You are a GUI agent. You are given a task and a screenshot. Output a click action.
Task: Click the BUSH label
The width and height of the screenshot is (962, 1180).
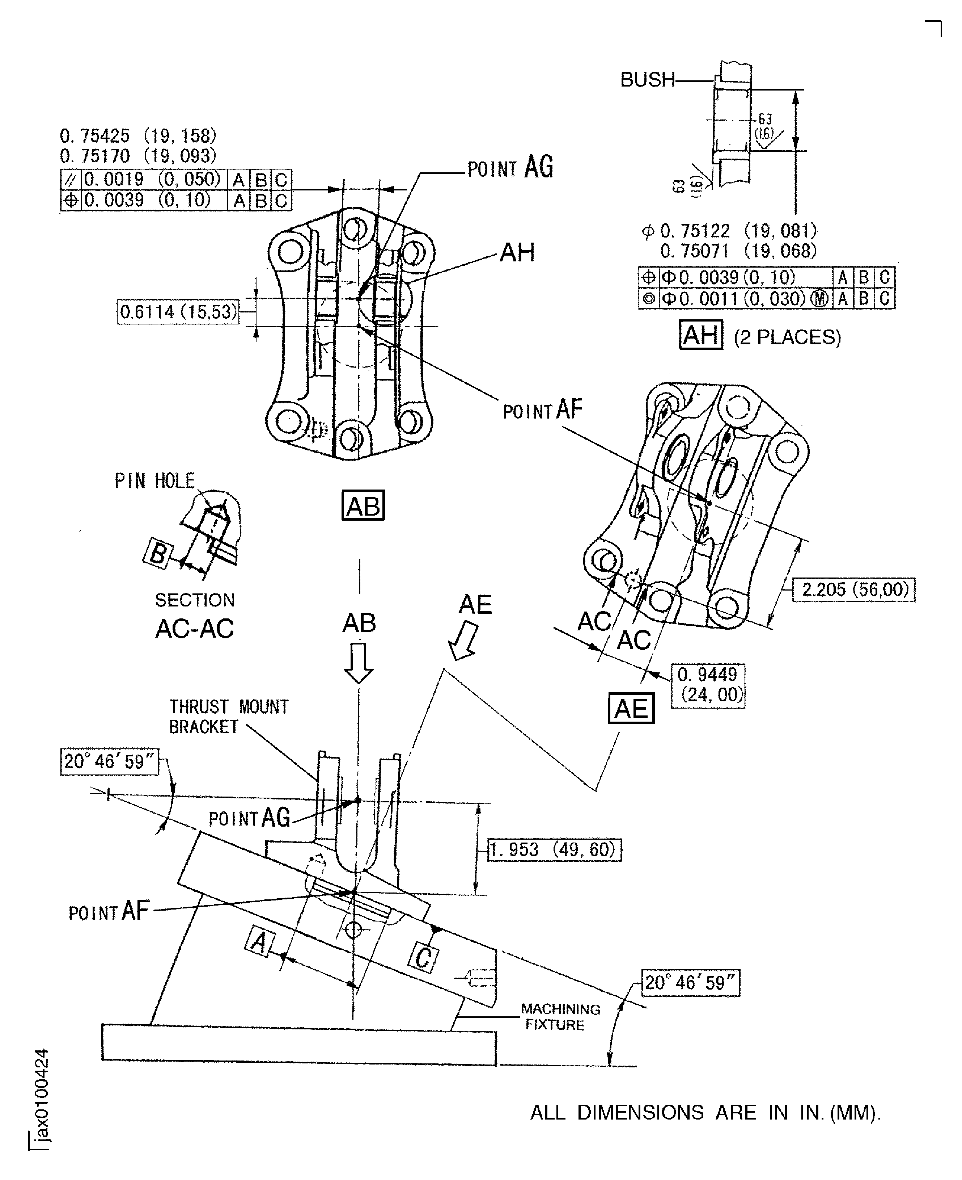647,80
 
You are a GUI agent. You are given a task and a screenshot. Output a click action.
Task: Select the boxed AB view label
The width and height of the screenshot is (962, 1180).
363,505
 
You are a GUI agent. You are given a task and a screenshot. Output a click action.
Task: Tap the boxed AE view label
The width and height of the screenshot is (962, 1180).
631,709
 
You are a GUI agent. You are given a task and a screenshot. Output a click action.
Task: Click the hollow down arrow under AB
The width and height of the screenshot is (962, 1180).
359,663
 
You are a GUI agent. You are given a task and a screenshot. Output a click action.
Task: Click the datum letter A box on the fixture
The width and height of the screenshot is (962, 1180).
259,941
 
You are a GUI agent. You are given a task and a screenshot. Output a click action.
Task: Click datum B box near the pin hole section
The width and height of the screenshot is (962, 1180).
158,553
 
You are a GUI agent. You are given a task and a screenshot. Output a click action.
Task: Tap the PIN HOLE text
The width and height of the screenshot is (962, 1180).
154,481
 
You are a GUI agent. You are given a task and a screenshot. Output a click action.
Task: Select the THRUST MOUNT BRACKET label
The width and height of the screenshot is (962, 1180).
228,717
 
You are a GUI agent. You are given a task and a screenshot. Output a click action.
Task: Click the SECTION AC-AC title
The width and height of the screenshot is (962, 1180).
195,616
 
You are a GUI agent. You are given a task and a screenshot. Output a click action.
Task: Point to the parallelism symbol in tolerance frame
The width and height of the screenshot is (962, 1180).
71,180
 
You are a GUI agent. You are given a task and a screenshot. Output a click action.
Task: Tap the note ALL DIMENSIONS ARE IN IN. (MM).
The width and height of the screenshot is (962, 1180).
705,1113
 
